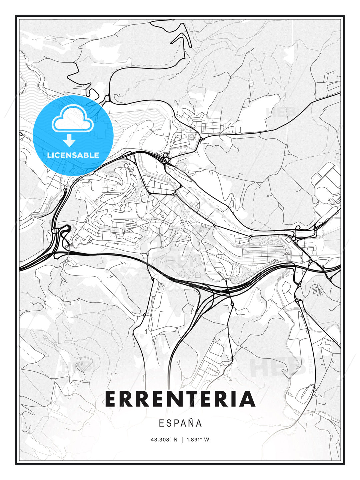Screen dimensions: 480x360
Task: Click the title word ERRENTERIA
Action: click(180, 399)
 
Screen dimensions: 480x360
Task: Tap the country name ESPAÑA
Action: click(180, 423)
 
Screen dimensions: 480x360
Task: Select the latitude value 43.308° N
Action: click(164, 440)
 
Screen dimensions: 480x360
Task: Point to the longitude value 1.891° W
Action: click(198, 440)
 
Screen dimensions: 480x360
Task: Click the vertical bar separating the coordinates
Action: click(182, 440)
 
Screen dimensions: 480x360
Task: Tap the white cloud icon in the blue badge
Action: click(72, 119)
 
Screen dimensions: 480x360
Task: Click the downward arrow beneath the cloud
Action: click(70, 141)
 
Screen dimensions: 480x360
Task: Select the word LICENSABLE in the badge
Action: click(73, 155)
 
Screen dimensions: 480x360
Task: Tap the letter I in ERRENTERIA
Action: click(231, 399)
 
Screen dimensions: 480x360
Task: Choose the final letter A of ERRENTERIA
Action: click(246, 399)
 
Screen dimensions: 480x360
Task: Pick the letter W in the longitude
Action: click(207, 440)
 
